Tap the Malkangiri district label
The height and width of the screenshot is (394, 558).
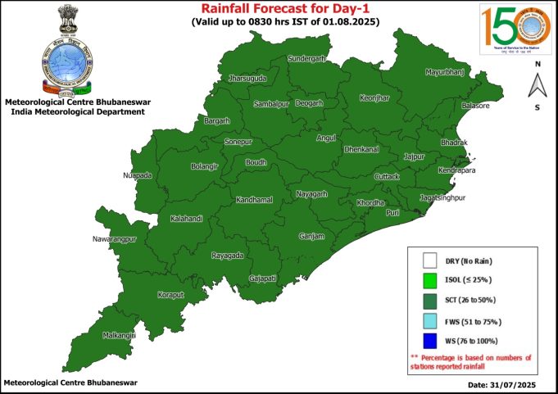(118, 334)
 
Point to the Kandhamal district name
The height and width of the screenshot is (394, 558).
(253, 200)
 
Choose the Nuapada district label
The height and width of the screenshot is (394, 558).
(137, 175)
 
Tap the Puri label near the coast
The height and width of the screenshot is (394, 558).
(393, 212)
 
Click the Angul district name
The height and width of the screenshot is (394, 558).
(326, 138)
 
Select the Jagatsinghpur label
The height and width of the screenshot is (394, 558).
(447, 198)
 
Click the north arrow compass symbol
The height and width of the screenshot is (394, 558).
(537, 84)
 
